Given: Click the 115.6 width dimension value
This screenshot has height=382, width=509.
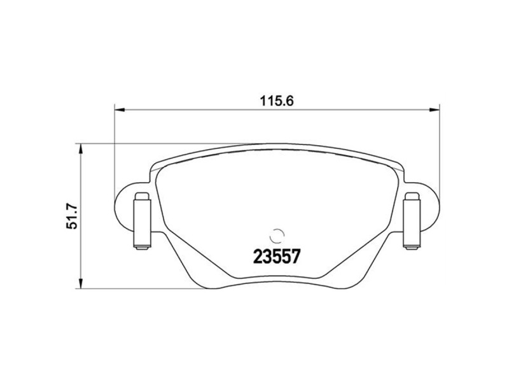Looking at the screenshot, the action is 276,101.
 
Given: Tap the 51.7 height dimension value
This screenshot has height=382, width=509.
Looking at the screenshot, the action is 72,216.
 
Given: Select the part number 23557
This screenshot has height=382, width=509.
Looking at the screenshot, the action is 276,257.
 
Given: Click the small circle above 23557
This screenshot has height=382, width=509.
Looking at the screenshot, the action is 277,236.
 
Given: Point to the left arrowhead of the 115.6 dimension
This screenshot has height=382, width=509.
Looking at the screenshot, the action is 120,110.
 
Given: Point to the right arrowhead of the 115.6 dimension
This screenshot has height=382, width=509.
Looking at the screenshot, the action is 435,110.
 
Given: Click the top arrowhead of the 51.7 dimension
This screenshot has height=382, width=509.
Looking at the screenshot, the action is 81,149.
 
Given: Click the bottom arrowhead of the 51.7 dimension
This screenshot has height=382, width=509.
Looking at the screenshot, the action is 81,283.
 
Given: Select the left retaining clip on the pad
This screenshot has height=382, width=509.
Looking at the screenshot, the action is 143,221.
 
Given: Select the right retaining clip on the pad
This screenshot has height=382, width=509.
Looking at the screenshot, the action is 412,221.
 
